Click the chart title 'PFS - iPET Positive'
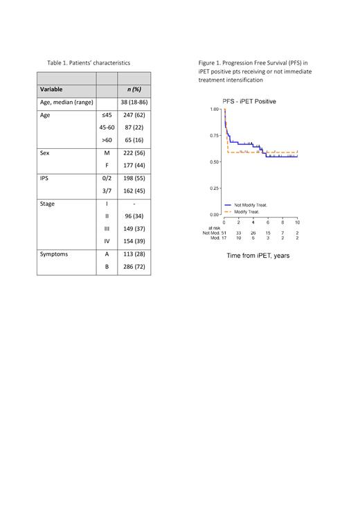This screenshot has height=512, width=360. point(249,102)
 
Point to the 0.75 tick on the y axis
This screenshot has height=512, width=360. point(215,136)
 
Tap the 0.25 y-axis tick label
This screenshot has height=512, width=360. point(215,188)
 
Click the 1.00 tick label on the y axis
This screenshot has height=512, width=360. point(215,109)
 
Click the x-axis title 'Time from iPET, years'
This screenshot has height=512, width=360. point(258,256)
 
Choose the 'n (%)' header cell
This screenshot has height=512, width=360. point(134,89)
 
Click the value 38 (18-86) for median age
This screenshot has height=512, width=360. point(134,103)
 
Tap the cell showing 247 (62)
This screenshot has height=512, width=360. point(134,116)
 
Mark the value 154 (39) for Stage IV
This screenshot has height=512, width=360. point(134,241)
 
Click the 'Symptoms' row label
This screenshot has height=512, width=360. point(54,254)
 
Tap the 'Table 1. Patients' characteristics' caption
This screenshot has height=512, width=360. point(89,63)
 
